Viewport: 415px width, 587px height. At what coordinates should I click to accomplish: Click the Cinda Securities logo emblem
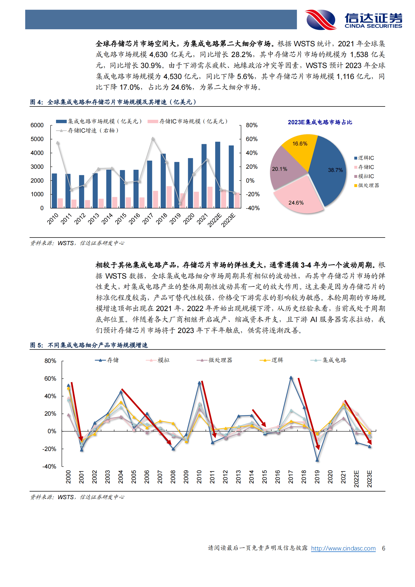321,20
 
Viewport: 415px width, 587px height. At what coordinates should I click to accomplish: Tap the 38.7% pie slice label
335,170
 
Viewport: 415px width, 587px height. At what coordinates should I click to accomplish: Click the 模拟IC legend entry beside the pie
366,176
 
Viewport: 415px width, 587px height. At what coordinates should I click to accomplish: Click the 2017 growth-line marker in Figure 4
153,139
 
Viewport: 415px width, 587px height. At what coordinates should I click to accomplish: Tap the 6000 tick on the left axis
37,125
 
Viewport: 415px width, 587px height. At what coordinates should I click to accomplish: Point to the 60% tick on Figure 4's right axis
251,139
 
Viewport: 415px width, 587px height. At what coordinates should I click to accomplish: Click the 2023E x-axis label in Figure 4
228,220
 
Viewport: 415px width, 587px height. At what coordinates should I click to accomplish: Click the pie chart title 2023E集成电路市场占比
320,122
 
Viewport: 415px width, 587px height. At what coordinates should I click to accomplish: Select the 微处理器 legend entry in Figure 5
220,360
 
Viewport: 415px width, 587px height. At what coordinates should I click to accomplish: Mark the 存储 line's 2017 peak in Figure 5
291,377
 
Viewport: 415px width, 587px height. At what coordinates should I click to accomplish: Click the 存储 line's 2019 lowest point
317,460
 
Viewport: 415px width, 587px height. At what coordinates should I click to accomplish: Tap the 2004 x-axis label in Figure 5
121,477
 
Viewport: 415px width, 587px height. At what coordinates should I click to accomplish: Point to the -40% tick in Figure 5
49,466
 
